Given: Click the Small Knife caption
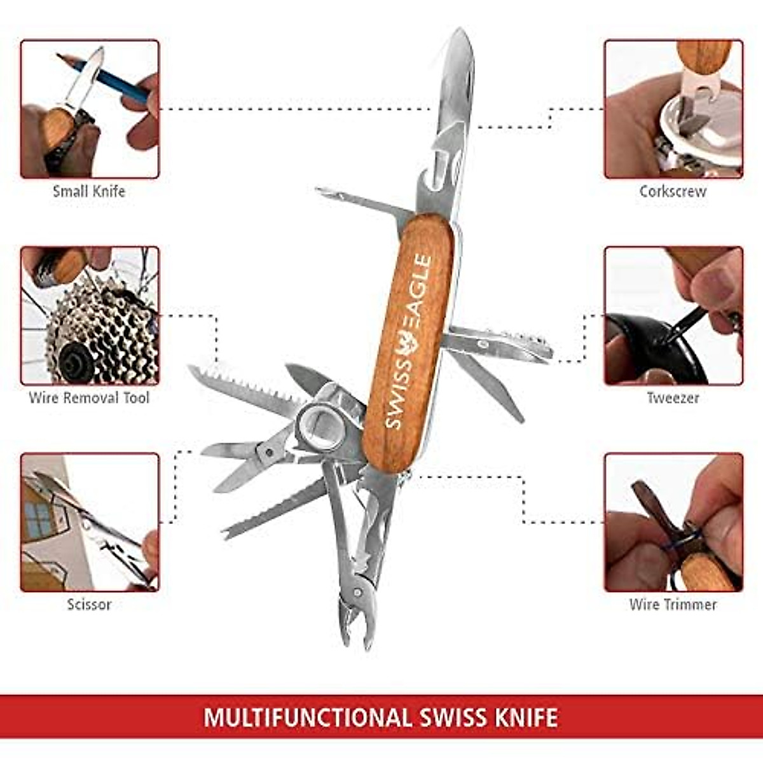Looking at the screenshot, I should coord(89,191).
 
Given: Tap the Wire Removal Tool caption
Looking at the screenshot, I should coord(89,398).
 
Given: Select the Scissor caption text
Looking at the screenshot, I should coord(89,604).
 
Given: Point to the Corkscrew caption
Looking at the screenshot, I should coord(673,191).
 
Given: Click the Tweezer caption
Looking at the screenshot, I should coord(673,398).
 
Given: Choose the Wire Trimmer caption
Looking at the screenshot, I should coord(673,604).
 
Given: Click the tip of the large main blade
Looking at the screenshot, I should coord(459,32).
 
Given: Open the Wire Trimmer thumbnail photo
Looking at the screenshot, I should coord(673,522).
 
